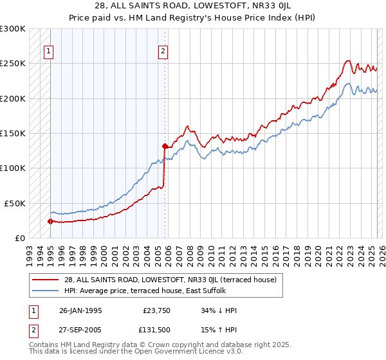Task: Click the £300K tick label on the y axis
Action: [13, 29]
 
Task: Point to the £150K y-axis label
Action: [13, 133]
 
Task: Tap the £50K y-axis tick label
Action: [15, 203]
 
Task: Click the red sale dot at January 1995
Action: [50, 221]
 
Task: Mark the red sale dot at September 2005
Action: [165, 146]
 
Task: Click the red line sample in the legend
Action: [46, 280]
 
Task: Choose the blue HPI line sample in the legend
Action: [46, 291]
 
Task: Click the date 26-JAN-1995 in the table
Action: [80, 310]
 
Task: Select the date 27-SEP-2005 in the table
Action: [80, 331]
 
